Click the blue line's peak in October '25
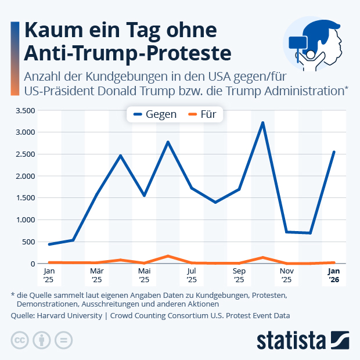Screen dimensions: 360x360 (262, 123)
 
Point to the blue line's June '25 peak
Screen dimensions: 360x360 (168, 142)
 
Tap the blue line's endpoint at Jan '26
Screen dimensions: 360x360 (334, 152)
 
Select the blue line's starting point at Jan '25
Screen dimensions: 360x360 (49, 244)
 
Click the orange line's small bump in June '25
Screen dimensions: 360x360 (168, 256)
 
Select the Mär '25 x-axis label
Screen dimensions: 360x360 (97, 275)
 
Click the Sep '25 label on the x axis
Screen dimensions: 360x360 (239, 275)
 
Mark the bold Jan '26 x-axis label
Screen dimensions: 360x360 (334, 275)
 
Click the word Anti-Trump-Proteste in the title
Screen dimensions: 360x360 (127, 52)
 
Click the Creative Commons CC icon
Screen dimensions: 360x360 (20, 340)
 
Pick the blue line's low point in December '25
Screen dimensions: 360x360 (310, 233)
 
